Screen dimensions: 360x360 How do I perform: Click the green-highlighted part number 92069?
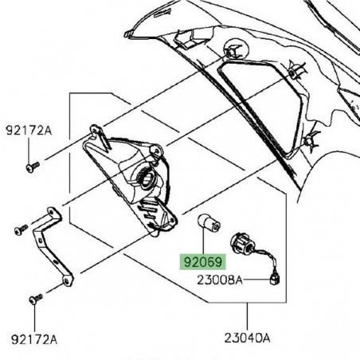(x=202, y=262)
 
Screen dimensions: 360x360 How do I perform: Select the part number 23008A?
(x=220, y=280)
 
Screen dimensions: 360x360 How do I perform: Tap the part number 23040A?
(x=247, y=338)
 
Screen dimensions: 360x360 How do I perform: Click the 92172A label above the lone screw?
(x=29, y=131)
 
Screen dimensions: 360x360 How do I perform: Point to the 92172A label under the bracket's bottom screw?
(x=34, y=339)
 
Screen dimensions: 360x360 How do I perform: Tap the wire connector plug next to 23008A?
(x=274, y=280)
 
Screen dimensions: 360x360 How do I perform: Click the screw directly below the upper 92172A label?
(x=33, y=166)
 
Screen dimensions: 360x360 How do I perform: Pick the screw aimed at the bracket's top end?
(x=22, y=229)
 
